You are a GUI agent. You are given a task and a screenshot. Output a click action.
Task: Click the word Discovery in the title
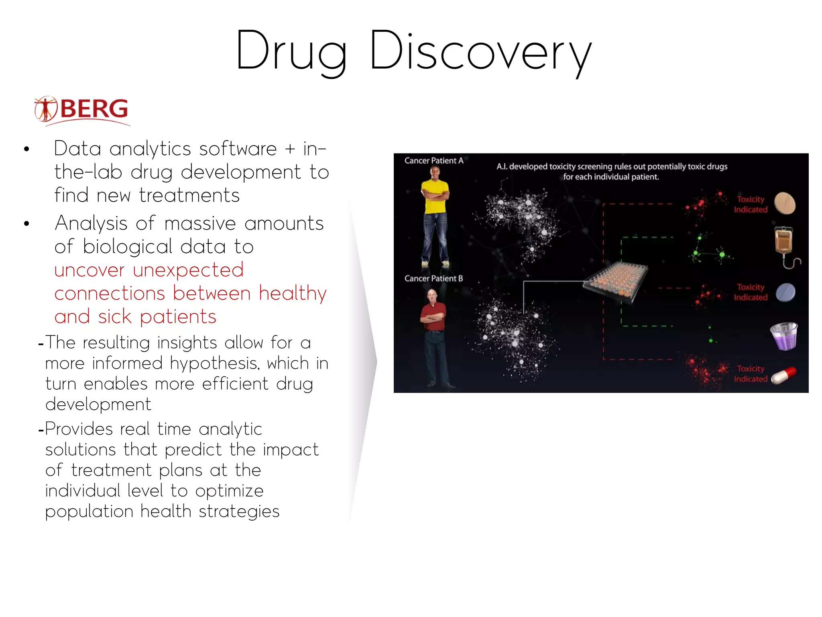tap(480, 51)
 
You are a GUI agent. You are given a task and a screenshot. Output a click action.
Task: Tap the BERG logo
tap(82, 110)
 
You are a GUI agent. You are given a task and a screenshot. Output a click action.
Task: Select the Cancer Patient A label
tap(433, 161)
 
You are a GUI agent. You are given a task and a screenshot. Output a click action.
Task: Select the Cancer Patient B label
tap(433, 278)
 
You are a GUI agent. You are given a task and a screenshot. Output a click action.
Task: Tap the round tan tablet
tap(785, 203)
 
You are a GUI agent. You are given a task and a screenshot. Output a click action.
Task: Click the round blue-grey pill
tap(785, 292)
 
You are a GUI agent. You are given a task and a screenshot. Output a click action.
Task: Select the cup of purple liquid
tap(784, 336)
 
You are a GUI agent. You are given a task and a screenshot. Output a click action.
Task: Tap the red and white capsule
tap(784, 376)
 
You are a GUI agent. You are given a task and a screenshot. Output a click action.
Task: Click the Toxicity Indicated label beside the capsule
tap(751, 374)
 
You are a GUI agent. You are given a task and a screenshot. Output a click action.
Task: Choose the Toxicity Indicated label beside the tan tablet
tap(751, 204)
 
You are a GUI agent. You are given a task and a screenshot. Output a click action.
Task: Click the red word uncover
tap(89, 270)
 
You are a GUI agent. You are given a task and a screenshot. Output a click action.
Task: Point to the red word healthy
tap(293, 293)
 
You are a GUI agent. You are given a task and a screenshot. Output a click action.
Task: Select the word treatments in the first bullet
tap(189, 196)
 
